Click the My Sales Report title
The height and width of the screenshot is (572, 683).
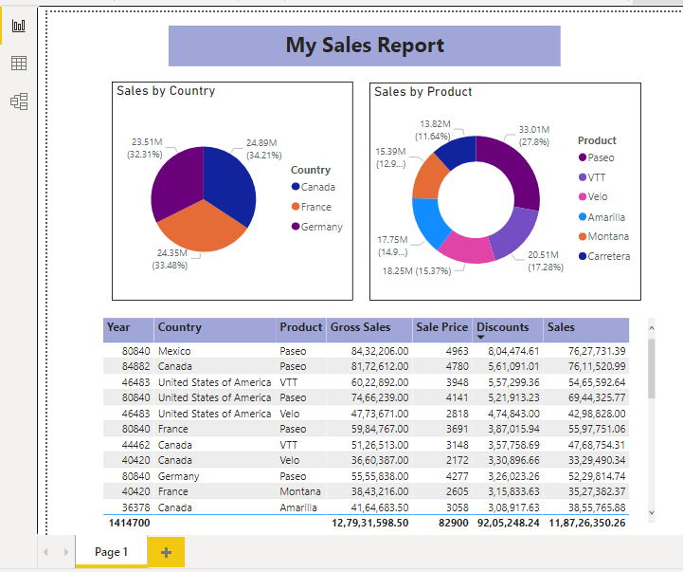click(x=365, y=46)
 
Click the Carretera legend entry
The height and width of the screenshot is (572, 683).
click(x=608, y=256)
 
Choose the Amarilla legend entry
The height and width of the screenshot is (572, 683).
click(x=605, y=217)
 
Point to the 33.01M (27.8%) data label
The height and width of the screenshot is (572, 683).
click(x=534, y=135)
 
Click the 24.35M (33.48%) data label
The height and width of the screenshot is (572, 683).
click(x=170, y=259)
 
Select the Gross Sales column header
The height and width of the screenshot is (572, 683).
click(x=360, y=327)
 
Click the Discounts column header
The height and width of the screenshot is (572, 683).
click(x=502, y=327)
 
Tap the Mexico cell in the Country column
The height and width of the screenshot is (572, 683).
click(x=174, y=351)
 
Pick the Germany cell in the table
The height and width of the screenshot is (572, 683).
click(x=178, y=476)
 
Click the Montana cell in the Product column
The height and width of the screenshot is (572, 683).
click(x=300, y=491)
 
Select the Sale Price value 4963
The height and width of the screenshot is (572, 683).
click(x=455, y=351)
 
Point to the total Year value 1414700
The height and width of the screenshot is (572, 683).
click(x=128, y=523)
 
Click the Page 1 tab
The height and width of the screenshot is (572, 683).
click(x=111, y=552)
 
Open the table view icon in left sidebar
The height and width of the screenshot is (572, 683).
click(x=19, y=64)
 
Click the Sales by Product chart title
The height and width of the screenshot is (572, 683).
click(x=422, y=92)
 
